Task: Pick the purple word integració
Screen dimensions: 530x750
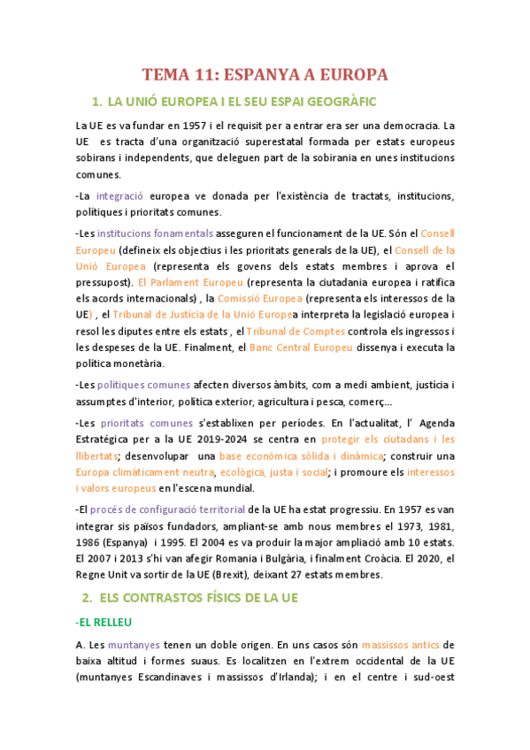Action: [120, 195]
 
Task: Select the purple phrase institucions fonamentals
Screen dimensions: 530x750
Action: [155, 233]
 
